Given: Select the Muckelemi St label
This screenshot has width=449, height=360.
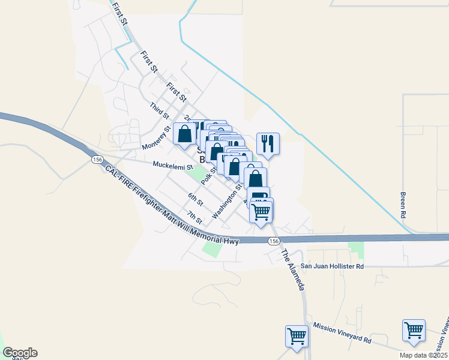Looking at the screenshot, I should [x=172, y=165].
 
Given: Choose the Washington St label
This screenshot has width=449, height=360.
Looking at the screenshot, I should [x=227, y=202].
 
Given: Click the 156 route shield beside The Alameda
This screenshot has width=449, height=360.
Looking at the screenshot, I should [x=274, y=241].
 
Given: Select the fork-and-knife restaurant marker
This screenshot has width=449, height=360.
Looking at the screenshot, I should [x=267, y=143].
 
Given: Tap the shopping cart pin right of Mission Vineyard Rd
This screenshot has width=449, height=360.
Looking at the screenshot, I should [x=414, y=330].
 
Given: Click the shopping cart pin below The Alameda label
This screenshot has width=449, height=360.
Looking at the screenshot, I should [x=297, y=336].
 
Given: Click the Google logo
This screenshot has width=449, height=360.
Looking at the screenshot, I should [x=20, y=353].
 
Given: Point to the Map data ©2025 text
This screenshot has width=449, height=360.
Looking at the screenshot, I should [x=423, y=355].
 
